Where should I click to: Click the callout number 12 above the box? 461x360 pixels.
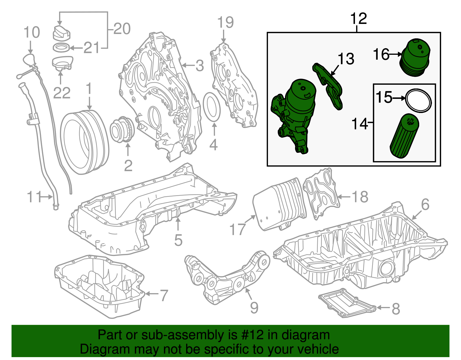[x=358, y=19]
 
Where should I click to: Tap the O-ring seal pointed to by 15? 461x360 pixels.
[x=418, y=101]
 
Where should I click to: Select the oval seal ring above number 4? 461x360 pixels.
[x=212, y=107]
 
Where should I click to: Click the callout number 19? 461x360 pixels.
[x=225, y=22]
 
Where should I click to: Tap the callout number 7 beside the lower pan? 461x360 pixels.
[x=164, y=295]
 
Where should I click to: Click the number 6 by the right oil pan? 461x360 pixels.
[x=425, y=205]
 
